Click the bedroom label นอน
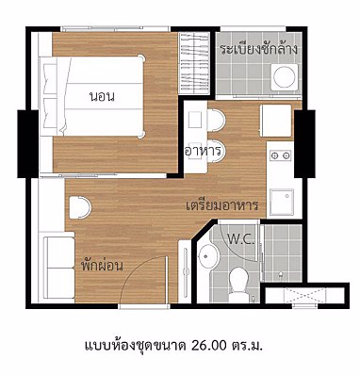pyautogui.click(x=102, y=96)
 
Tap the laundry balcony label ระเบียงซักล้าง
pyautogui.click(x=258, y=50)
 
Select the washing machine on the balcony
pyautogui.click(x=285, y=77)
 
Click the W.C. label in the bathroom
pyautogui.click(x=240, y=240)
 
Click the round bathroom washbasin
pyautogui.click(x=207, y=256)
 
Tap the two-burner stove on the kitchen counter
pyautogui.click(x=281, y=155)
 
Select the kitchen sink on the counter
pyautogui.click(x=282, y=202)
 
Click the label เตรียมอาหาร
pyautogui.click(x=222, y=205)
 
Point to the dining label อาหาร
pyautogui.click(x=203, y=152)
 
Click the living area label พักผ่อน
pyautogui.click(x=102, y=266)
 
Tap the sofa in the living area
pyautogui.click(x=58, y=268)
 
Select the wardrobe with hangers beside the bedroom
pyautogui.click(x=194, y=63)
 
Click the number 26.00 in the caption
pyautogui.click(x=208, y=346)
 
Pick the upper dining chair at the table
pyautogui.click(x=217, y=120)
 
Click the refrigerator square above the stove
pyautogui.click(x=276, y=121)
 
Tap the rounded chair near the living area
pyautogui.click(x=80, y=207)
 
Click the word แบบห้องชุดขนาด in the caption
pyautogui.click(x=135, y=346)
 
